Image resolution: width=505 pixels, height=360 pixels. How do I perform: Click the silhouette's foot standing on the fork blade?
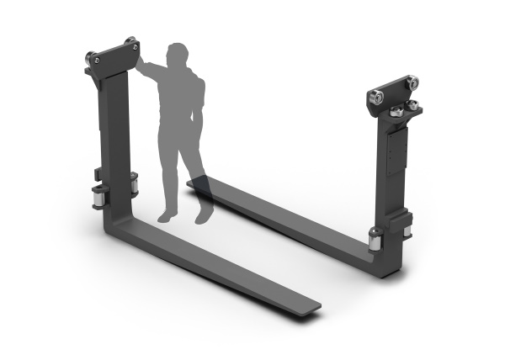(x=204, y=215)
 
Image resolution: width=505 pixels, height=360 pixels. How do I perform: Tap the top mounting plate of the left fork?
(x=114, y=57)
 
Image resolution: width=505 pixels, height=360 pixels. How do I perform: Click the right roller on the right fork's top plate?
(x=411, y=84)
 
